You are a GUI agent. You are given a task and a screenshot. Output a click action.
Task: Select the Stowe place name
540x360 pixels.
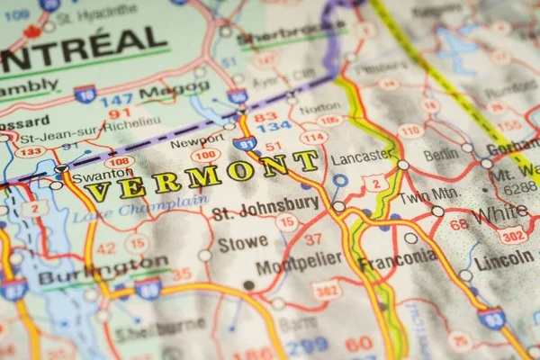click(242, 243)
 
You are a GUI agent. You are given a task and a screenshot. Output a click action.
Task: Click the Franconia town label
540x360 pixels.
click(397, 260)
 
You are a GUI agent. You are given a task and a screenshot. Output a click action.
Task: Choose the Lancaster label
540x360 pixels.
click(361, 157)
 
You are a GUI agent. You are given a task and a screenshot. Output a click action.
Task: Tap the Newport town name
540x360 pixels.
click(197, 142)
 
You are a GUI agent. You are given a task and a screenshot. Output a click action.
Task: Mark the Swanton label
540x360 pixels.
click(102, 175)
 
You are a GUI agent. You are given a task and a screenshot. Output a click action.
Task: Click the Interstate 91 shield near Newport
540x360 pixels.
click(244, 142)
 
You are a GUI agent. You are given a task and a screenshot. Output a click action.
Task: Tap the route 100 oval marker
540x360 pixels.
click(206, 155)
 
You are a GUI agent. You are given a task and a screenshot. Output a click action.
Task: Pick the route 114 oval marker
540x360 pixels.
click(313, 138)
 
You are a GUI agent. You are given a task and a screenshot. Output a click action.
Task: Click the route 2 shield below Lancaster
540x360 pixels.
click(375, 183)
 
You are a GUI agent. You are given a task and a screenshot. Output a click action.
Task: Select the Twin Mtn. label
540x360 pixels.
click(429, 195)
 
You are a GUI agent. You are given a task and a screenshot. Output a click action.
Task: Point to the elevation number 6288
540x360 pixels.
click(519, 189)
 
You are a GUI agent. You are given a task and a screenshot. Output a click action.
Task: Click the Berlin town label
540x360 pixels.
click(440, 155)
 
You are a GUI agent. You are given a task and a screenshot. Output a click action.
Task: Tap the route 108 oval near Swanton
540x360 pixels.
click(120, 162)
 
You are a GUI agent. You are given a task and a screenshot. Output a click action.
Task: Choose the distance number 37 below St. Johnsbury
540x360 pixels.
click(312, 239)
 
